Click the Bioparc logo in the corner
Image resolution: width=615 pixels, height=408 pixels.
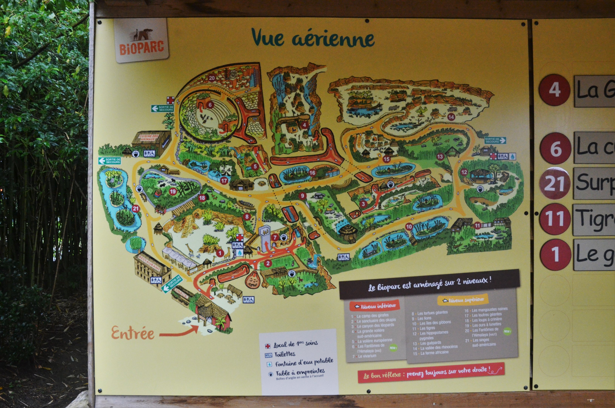142,41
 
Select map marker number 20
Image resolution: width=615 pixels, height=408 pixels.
212,78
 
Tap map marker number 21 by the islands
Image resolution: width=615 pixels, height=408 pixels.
135,208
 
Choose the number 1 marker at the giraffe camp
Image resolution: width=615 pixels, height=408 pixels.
220,253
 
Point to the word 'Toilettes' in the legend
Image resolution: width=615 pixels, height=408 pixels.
285,354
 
